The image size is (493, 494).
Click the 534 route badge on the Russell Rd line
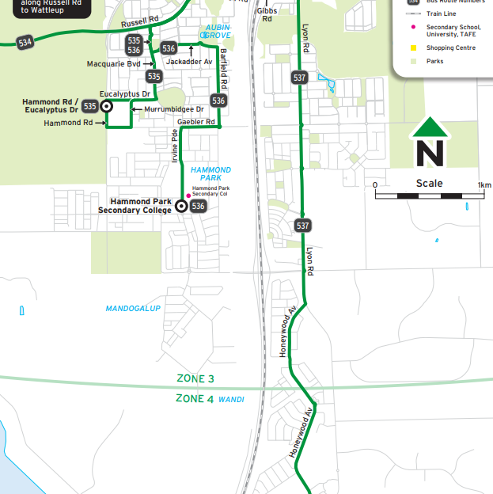coord(25,42)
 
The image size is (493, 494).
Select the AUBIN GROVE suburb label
coord(218,32)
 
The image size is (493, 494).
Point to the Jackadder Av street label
coord(189,61)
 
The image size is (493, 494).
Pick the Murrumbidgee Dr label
coord(174,108)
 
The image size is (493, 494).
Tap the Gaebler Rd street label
coord(197,122)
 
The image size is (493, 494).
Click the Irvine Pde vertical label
coord(175,147)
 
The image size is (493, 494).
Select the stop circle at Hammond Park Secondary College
coord(181,206)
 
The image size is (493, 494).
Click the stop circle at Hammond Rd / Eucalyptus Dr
coord(106,105)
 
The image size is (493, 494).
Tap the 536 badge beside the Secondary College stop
coord(198,206)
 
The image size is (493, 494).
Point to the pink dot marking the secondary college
coord(188,196)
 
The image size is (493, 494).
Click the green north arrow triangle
coord(430,127)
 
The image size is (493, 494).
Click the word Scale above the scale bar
coord(430,184)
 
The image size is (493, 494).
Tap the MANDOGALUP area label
coord(133,308)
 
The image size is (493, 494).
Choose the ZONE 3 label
coord(195,380)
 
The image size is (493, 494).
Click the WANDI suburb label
coord(231,400)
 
